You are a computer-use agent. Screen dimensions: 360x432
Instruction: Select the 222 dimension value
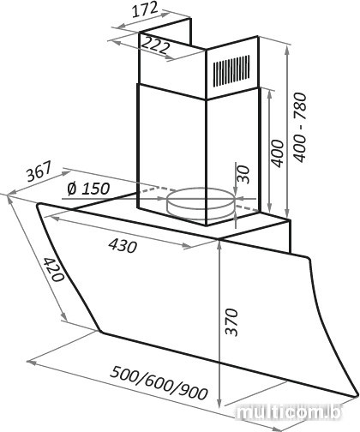pyautogui.click(x=154, y=45)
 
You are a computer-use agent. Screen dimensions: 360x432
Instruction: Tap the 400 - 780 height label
pyautogui.click(x=301, y=127)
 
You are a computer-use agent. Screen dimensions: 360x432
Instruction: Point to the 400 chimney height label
pyautogui.click(x=277, y=153)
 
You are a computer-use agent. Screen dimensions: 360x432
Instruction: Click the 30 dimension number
pyautogui.click(x=243, y=174)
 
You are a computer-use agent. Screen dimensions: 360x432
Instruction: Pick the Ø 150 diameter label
pyautogui.click(x=88, y=189)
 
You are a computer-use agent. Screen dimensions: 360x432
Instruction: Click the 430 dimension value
pyautogui.click(x=123, y=246)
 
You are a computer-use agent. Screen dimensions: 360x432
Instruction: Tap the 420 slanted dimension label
pyautogui.click(x=53, y=269)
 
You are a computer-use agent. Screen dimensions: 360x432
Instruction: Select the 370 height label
pyautogui.click(x=231, y=321)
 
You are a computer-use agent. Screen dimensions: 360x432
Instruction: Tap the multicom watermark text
pyautogui.click(x=289, y=412)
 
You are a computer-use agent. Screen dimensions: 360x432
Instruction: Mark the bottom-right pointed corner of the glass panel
pyautogui.click(x=356, y=397)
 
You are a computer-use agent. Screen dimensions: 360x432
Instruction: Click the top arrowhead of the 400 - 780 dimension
pyautogui.click(x=288, y=49)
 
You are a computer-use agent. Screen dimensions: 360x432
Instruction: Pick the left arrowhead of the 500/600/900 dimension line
pyautogui.click(x=31, y=363)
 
